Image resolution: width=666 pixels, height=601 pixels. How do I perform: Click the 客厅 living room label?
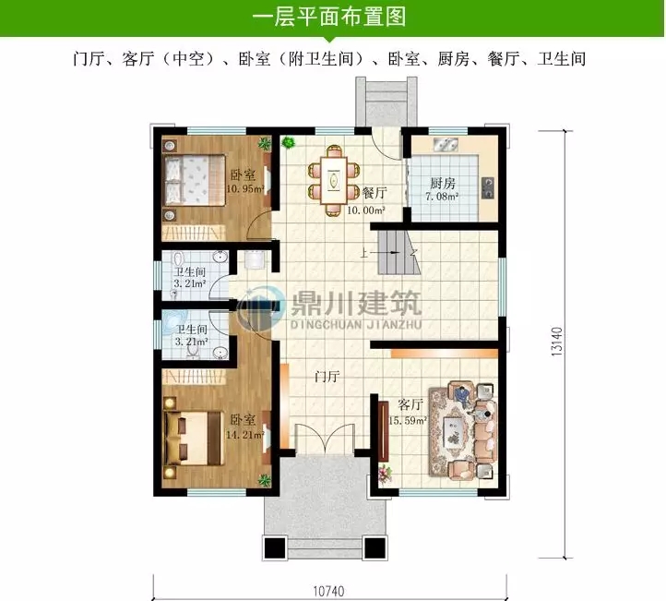click(x=410, y=404)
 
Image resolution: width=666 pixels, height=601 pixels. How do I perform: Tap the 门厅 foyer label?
click(x=327, y=377)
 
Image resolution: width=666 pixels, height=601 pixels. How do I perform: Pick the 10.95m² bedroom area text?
click(x=243, y=189)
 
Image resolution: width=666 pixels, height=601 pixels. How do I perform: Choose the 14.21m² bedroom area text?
click(x=243, y=432)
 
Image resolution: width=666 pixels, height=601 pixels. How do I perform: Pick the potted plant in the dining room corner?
click(x=288, y=143)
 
